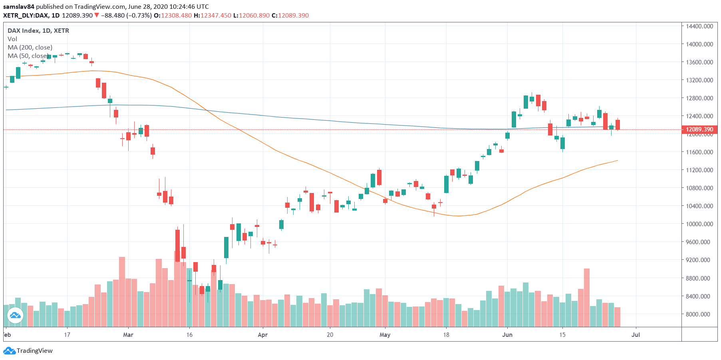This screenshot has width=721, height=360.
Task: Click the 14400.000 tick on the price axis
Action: pos(699,26)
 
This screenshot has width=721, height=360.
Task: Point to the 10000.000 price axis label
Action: pos(699,224)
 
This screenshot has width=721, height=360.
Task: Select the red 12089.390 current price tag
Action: pos(699,129)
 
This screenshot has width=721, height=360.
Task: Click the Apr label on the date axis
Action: pos(262,335)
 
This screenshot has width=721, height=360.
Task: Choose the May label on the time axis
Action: pos(385,335)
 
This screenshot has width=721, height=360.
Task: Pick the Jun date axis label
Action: pos(507,335)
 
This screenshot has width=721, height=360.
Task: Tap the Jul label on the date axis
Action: pos(636,335)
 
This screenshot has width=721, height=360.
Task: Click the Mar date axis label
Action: pos(128,335)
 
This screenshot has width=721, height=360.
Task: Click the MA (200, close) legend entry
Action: pos(30,48)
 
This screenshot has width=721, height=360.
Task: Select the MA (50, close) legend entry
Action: pos(28,56)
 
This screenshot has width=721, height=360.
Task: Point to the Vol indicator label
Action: pos(12,39)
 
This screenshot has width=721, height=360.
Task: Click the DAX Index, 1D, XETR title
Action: pos(38,31)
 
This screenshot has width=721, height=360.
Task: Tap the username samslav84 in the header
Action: pos(19,7)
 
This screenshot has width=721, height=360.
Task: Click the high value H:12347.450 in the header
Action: pos(212,16)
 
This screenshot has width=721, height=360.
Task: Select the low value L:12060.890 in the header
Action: pos(251,16)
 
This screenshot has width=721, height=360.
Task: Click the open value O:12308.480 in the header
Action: pos(173,16)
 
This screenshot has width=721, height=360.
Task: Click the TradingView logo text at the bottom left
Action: pos(34,351)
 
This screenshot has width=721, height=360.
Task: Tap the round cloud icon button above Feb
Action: pos(15,316)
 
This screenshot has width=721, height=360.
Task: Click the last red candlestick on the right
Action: pos(618,125)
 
